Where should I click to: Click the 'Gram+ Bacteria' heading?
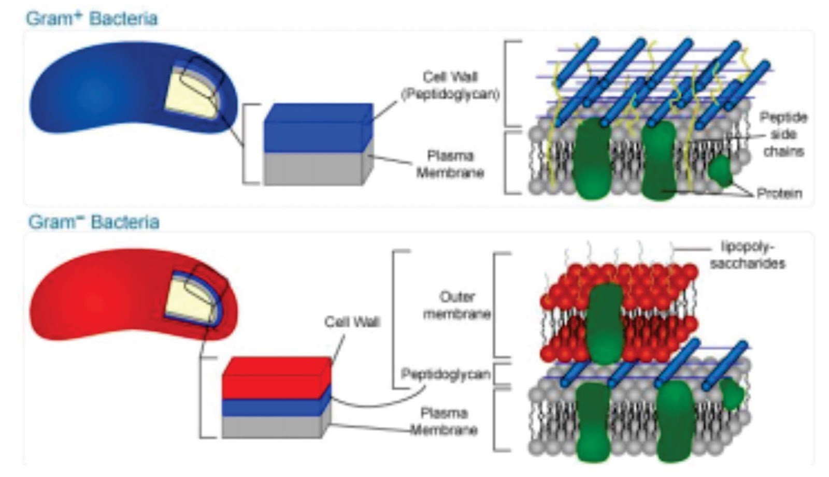[x=92, y=19]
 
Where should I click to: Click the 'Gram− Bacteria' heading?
[x=94, y=222]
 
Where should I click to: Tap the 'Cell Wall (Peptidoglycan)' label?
[x=450, y=85]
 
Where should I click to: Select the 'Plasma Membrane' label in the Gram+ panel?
[x=450, y=164]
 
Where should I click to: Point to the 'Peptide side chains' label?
[x=783, y=134]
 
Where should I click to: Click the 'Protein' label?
[x=779, y=194]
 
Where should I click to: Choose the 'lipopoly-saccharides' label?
[x=747, y=255]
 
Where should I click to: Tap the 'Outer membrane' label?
[x=456, y=305]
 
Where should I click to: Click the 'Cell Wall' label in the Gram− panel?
[x=352, y=322]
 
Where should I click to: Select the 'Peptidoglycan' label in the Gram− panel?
[x=446, y=374]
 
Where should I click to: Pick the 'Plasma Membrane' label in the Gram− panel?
[x=444, y=421]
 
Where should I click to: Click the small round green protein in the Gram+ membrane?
[x=720, y=171]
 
